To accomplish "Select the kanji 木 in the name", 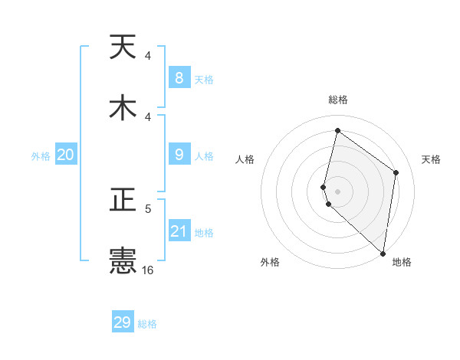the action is click(x=123, y=108).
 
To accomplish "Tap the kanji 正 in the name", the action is click(x=123, y=201).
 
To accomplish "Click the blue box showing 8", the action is click(x=179, y=77).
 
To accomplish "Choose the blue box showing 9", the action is click(x=179, y=154).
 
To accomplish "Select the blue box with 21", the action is click(x=179, y=231).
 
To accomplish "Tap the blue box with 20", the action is click(x=66, y=155).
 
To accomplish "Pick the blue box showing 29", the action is click(x=123, y=322).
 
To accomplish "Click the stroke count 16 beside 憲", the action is click(x=147, y=270).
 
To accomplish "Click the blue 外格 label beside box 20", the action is click(x=41, y=155).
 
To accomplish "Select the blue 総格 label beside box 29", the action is click(x=147, y=324).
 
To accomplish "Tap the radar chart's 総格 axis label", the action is click(x=337, y=100).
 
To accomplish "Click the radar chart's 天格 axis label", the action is click(x=431, y=159).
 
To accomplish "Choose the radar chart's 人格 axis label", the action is click(x=245, y=159).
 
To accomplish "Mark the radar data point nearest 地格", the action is click(x=383, y=253).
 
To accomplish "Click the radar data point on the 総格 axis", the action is click(x=337, y=130).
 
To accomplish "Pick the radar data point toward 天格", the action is click(x=396, y=172).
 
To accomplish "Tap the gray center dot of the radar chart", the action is click(x=337, y=191).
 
